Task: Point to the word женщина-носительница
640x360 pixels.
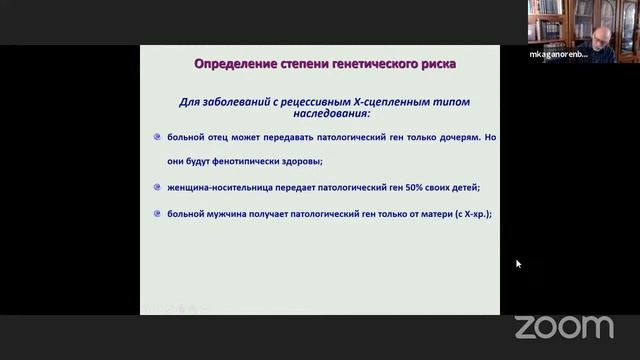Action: pos(214,187)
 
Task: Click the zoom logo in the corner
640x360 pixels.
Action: pos(563,326)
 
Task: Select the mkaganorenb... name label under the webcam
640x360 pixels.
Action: pos(559,54)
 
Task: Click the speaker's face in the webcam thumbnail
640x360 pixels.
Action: pos(597,37)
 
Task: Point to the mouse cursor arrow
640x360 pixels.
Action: pos(518,264)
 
